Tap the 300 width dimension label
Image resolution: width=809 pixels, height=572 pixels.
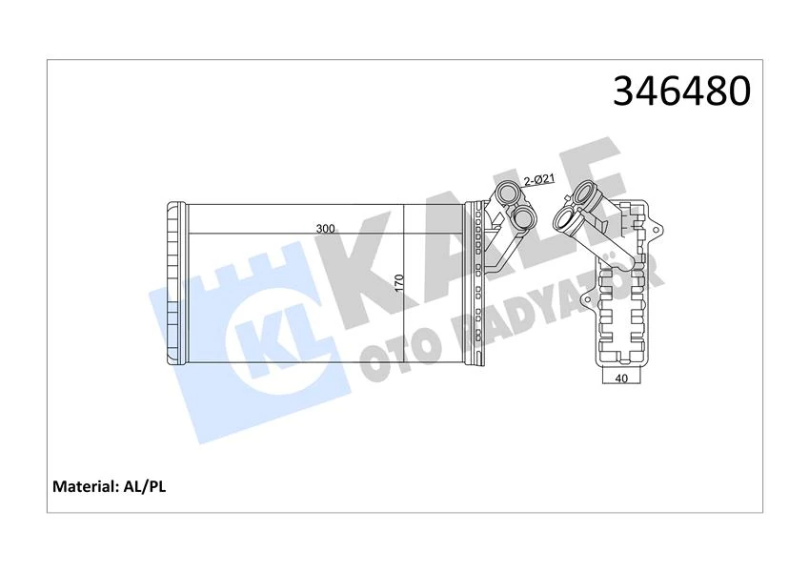pos(325,229)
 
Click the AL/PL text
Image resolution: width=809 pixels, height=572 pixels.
pos(146,486)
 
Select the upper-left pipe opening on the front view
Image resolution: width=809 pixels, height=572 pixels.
pos(505,196)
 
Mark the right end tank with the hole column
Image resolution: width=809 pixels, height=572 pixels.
pos(475,284)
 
